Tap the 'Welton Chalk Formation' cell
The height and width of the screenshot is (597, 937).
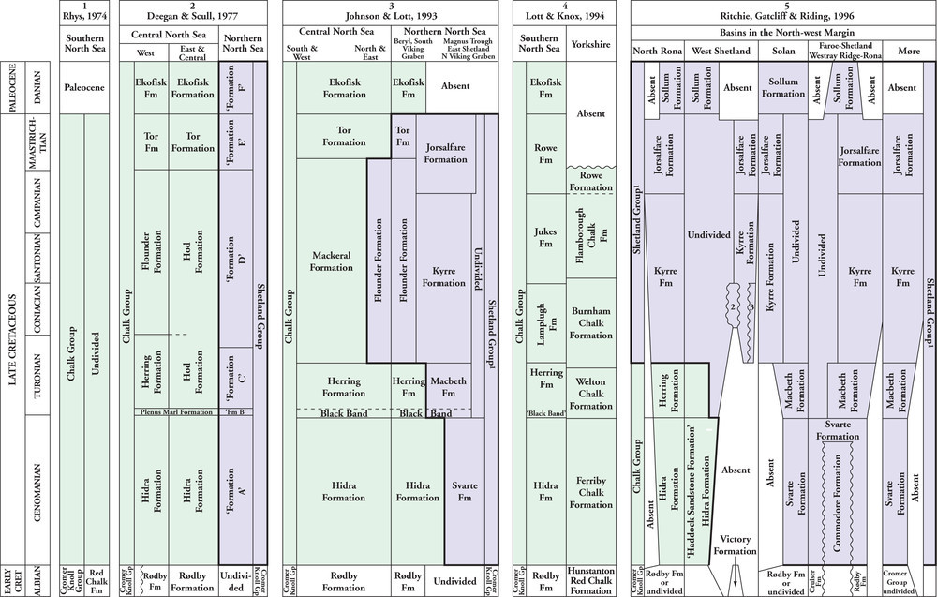tap(590, 393)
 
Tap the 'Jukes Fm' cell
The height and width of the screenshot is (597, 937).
tap(545, 237)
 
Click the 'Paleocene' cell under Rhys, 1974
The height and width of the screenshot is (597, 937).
tap(83, 87)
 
